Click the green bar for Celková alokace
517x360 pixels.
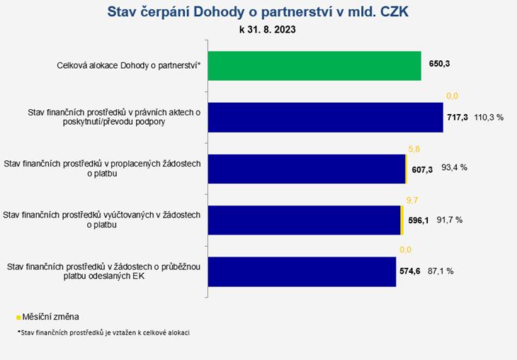click(314, 66)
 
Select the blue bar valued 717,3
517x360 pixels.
click(326, 118)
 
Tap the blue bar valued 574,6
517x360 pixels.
click(302, 272)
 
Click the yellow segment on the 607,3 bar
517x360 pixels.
click(407, 169)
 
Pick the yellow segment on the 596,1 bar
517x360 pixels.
click(402, 220)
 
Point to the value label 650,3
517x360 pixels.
click(439, 64)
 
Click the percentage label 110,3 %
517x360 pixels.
click(489, 118)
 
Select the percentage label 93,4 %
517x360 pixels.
click(455, 168)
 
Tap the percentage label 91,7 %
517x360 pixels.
click(450, 220)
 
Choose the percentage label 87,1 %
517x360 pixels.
click(441, 271)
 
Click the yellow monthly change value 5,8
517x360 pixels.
click(414, 149)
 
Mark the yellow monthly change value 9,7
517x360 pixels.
click(412, 201)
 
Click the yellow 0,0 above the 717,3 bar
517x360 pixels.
click(452, 96)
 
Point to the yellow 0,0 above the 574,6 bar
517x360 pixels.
click(405, 249)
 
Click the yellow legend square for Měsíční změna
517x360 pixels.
click(19, 317)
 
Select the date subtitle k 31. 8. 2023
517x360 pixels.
click(268, 30)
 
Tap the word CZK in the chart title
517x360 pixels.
click(394, 12)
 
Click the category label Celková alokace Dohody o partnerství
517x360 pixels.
click(129, 65)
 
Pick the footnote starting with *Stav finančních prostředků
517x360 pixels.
click(103, 332)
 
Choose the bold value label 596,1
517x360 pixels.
click(419, 220)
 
